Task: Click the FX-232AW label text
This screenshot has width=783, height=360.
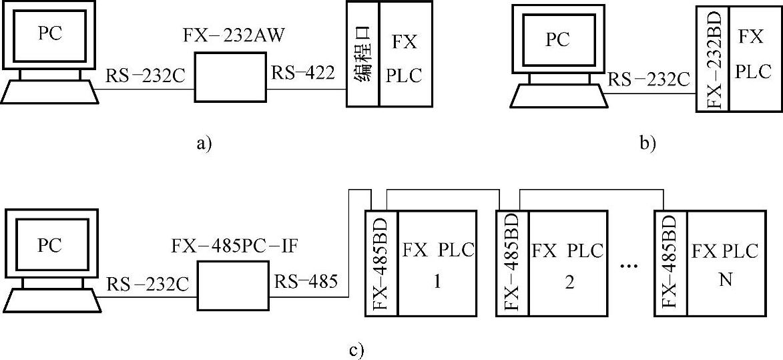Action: [234, 35]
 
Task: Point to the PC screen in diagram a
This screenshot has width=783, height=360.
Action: [50, 33]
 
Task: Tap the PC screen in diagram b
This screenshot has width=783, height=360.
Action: [557, 40]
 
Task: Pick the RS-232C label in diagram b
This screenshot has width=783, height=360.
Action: [647, 80]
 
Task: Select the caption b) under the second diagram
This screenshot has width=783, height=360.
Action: [647, 142]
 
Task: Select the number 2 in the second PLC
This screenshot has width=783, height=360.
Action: [569, 281]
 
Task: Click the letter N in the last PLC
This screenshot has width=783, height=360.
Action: [726, 280]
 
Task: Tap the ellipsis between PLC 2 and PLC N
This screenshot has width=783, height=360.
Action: [629, 267]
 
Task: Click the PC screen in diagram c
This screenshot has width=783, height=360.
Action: [50, 246]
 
